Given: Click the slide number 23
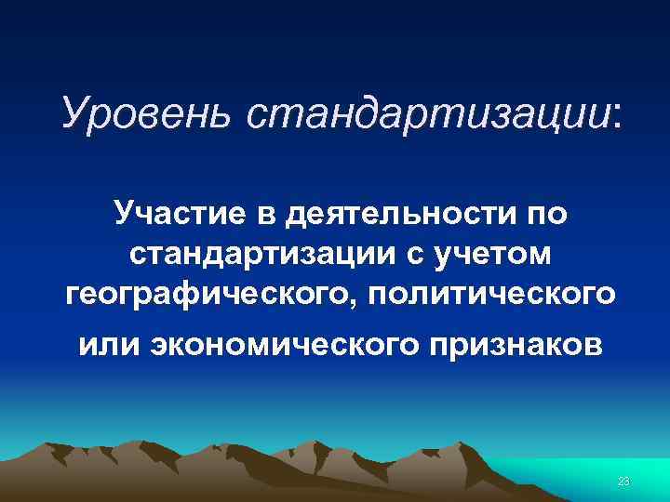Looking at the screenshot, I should (x=624, y=480).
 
